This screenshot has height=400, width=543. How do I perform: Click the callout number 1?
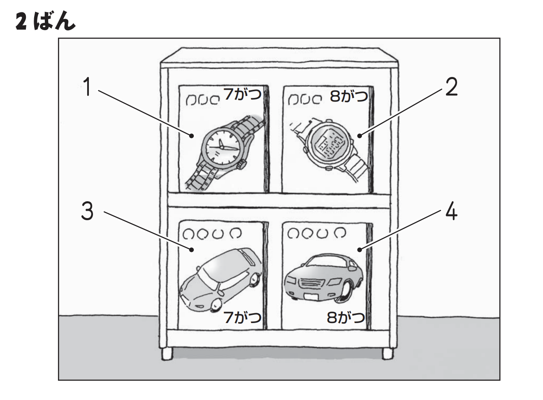[87, 88]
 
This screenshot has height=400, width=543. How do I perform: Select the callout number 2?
[451, 88]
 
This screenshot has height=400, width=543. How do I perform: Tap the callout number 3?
[87, 212]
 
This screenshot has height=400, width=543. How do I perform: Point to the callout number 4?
[451, 212]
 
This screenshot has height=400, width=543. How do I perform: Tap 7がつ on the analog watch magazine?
[243, 95]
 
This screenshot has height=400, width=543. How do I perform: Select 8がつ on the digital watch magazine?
[348, 97]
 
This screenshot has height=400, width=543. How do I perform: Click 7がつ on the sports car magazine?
[242, 317]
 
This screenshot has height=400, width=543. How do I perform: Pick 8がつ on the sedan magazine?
[346, 318]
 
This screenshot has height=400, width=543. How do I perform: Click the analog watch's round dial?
[221, 146]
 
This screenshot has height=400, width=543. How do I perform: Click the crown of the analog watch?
[241, 165]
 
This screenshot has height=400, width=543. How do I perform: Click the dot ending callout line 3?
[192, 249]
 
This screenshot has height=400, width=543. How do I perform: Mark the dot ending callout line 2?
[359, 135]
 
